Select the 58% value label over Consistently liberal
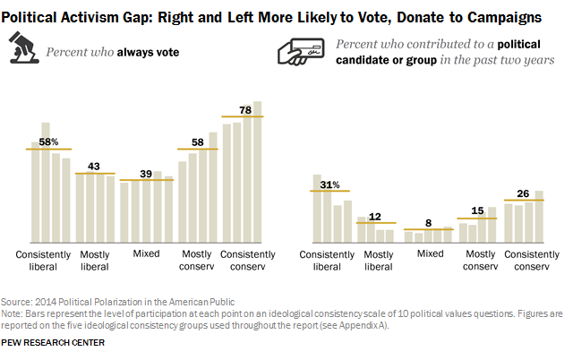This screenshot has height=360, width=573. pos(48,141)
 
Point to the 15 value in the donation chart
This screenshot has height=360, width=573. pos(476,211)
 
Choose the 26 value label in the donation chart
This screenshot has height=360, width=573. pos(525,193)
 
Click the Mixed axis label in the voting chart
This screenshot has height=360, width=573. pos(146,253)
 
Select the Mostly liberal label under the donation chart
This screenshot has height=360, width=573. pos(379,261)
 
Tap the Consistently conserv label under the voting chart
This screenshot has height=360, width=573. pos(243,260)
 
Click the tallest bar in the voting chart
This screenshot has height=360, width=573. pos(258,170)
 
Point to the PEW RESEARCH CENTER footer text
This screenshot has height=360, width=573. pos(53,343)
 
